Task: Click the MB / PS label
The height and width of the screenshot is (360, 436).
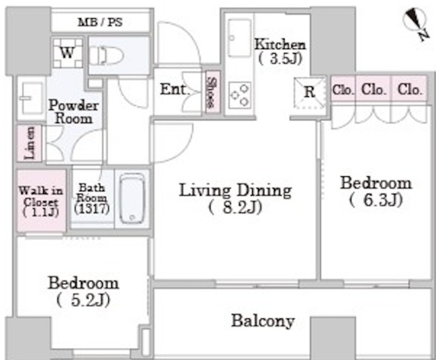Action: click(x=100, y=22)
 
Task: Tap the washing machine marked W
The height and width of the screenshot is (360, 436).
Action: click(x=68, y=53)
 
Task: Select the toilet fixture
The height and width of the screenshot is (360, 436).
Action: click(x=106, y=55)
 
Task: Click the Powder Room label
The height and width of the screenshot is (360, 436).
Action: click(x=74, y=112)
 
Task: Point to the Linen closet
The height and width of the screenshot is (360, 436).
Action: click(x=29, y=143)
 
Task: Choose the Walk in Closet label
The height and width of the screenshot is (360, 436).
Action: click(x=41, y=201)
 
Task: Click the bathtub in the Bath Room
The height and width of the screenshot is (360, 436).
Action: click(x=132, y=198)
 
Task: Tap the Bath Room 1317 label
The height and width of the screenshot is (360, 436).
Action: click(x=91, y=198)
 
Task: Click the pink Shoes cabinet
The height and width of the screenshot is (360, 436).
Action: click(x=213, y=93)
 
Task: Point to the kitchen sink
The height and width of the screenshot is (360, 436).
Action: click(x=239, y=38)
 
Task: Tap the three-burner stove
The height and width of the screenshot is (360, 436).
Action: click(x=239, y=95)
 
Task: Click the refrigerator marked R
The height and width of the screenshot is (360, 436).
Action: click(x=310, y=93)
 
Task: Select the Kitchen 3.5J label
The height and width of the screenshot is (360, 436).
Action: click(x=280, y=52)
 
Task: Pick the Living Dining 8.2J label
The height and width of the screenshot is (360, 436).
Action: click(x=235, y=199)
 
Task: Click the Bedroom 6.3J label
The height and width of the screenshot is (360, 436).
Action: click(x=375, y=191)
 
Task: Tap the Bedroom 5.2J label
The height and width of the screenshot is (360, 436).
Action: click(x=83, y=291)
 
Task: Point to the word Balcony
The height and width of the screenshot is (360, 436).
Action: click(x=262, y=321)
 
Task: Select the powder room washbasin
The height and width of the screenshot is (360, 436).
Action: click(x=31, y=98)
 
